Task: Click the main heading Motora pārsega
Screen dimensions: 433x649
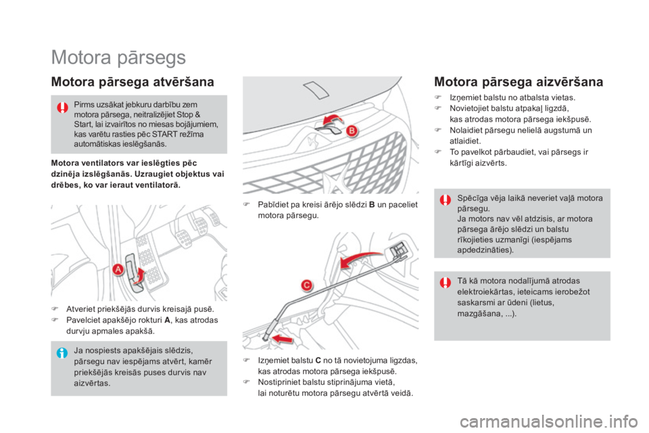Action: tap(118, 58)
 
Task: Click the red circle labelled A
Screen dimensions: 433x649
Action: tap(118, 269)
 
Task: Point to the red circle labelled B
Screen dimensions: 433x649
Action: tap(352, 131)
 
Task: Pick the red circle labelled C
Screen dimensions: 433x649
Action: tap(306, 286)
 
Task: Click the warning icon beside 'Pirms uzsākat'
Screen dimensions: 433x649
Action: tap(63, 107)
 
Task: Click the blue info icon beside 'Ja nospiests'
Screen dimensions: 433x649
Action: tap(63, 352)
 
